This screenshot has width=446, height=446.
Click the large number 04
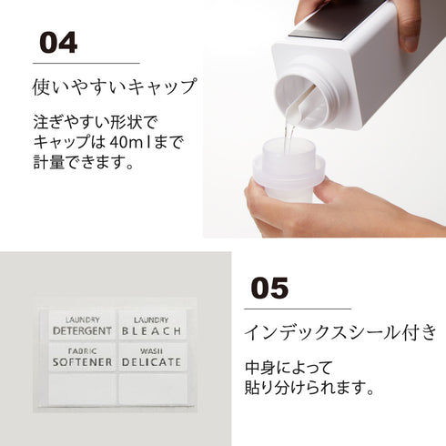tap(58, 43)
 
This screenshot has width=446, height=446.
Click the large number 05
tap(269, 288)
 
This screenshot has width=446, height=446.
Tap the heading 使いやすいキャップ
tap(115, 86)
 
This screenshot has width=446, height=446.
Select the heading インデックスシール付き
tap(340, 332)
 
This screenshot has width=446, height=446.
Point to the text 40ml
tap(129, 142)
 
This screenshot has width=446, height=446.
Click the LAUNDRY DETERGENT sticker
tap(82, 326)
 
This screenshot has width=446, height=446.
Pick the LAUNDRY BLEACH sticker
tap(152, 326)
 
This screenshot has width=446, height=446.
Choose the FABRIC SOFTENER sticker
tap(82, 357)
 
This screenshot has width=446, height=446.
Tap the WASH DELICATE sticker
tap(152, 357)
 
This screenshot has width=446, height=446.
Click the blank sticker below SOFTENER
tap(82, 389)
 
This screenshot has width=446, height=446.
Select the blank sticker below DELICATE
tap(152, 389)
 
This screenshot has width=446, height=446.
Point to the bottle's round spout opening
tap(303, 98)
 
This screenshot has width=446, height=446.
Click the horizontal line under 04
tap(86, 64)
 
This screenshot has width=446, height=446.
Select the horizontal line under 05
tap(298, 309)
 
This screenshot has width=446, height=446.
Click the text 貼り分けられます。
tap(309, 388)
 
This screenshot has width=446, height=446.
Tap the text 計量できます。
tap(84, 162)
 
